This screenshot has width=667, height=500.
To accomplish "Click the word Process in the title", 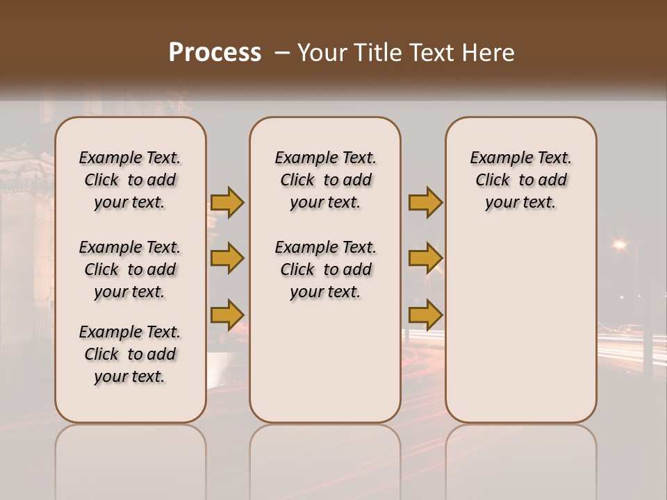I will [x=215, y=52].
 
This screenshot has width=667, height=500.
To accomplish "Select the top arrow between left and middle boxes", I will [x=227, y=202].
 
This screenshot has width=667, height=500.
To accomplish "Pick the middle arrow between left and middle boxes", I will [x=227, y=258].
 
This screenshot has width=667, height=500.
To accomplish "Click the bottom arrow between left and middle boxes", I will [x=227, y=315].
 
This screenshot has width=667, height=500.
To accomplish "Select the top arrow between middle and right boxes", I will [x=425, y=202].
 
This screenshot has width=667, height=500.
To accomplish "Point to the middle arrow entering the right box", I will [x=425, y=258].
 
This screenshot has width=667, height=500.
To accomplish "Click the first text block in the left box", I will [x=130, y=180].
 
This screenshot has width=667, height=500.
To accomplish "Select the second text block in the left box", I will [x=130, y=269].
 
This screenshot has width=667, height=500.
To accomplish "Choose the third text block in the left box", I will [x=130, y=354].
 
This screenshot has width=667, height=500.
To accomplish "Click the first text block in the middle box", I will [x=325, y=180].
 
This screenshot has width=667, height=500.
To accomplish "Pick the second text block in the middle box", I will [x=325, y=269].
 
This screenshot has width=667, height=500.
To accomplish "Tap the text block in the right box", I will [x=520, y=180].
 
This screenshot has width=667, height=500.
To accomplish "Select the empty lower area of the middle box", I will [x=325, y=361].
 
